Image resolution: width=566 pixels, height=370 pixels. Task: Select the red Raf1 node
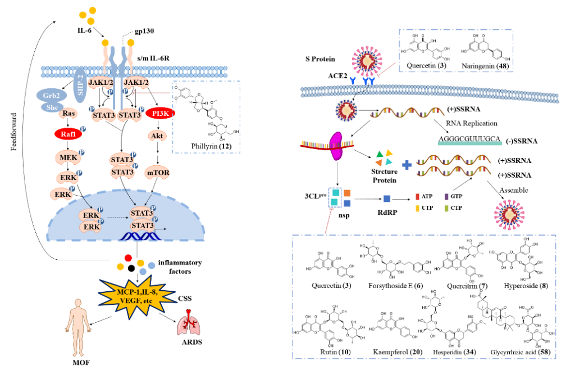click(66, 134)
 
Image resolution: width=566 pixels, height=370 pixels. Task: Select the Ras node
click(67, 114)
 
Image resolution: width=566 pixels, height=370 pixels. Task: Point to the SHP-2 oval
click(80, 87)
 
